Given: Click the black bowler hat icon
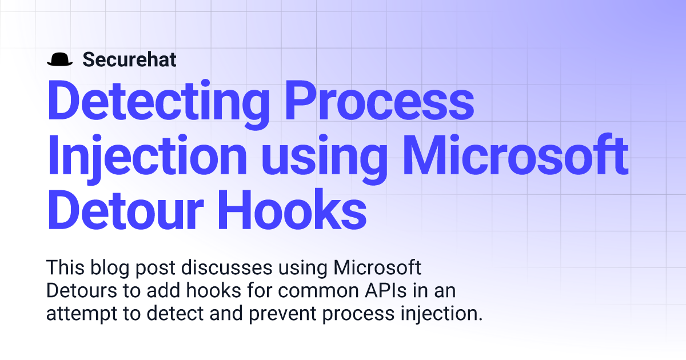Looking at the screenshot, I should pos(59,59).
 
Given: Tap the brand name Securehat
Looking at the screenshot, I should pos(129,59).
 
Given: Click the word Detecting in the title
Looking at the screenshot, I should pos(158,101).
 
